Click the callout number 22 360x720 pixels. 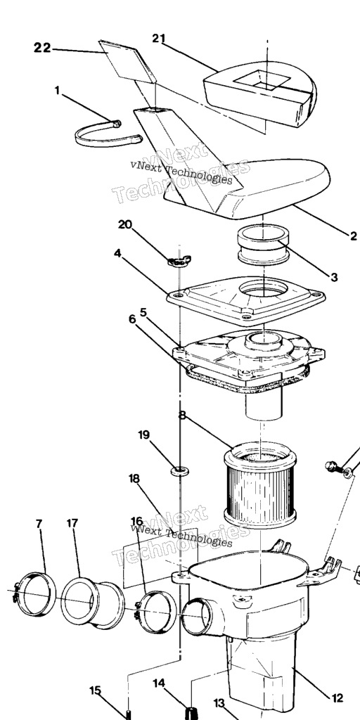(42, 47)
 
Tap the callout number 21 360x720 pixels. (158, 39)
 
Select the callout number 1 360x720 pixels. (57, 91)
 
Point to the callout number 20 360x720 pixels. (125, 224)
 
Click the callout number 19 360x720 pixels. (144, 435)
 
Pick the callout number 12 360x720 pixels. (337, 698)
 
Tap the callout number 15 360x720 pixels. (95, 690)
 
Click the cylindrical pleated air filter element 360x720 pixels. (260, 485)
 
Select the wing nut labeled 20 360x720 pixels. (179, 261)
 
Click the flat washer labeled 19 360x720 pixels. (180, 470)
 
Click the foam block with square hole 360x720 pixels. (260, 94)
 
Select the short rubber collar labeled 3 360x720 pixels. (262, 245)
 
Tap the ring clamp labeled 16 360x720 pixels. (157, 612)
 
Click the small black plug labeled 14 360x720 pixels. (191, 714)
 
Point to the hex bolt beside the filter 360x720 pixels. (334, 468)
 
